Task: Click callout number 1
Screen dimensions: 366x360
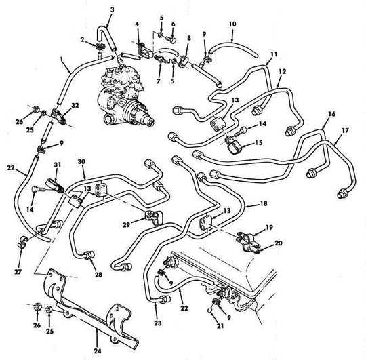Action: click(x=62, y=59)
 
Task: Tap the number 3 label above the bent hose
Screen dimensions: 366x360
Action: click(x=113, y=10)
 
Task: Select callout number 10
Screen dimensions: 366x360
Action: click(x=232, y=24)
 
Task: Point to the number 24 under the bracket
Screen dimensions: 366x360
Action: click(x=98, y=351)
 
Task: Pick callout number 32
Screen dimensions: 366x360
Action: click(x=75, y=105)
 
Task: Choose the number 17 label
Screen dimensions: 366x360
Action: click(x=345, y=130)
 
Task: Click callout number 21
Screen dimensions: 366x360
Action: click(x=220, y=326)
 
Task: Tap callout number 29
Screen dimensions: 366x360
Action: click(x=127, y=225)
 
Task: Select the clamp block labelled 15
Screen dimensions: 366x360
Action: click(x=232, y=145)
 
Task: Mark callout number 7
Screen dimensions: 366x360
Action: click(x=159, y=81)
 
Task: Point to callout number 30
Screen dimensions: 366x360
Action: click(x=81, y=161)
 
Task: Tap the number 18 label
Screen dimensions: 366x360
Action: click(x=264, y=203)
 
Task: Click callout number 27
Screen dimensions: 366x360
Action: click(x=18, y=271)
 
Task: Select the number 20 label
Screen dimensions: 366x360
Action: click(x=279, y=243)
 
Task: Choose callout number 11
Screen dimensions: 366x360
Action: click(x=274, y=54)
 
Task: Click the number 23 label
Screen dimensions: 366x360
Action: click(x=158, y=323)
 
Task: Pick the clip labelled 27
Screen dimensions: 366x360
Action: click(x=22, y=241)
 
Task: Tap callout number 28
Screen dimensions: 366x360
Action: click(x=98, y=275)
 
